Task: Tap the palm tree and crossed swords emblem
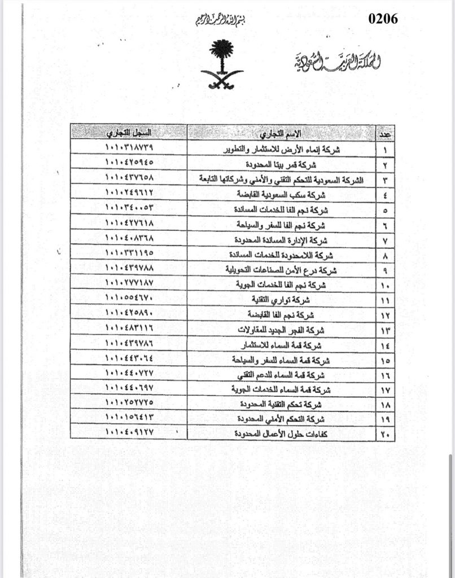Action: pos(224,64)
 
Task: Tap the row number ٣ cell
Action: pos(386,179)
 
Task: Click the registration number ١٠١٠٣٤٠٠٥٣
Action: pos(129,208)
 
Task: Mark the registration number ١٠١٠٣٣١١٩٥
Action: pos(129,253)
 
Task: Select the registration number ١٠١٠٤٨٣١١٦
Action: pos(129,328)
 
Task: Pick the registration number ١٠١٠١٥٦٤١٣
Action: pos(129,418)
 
